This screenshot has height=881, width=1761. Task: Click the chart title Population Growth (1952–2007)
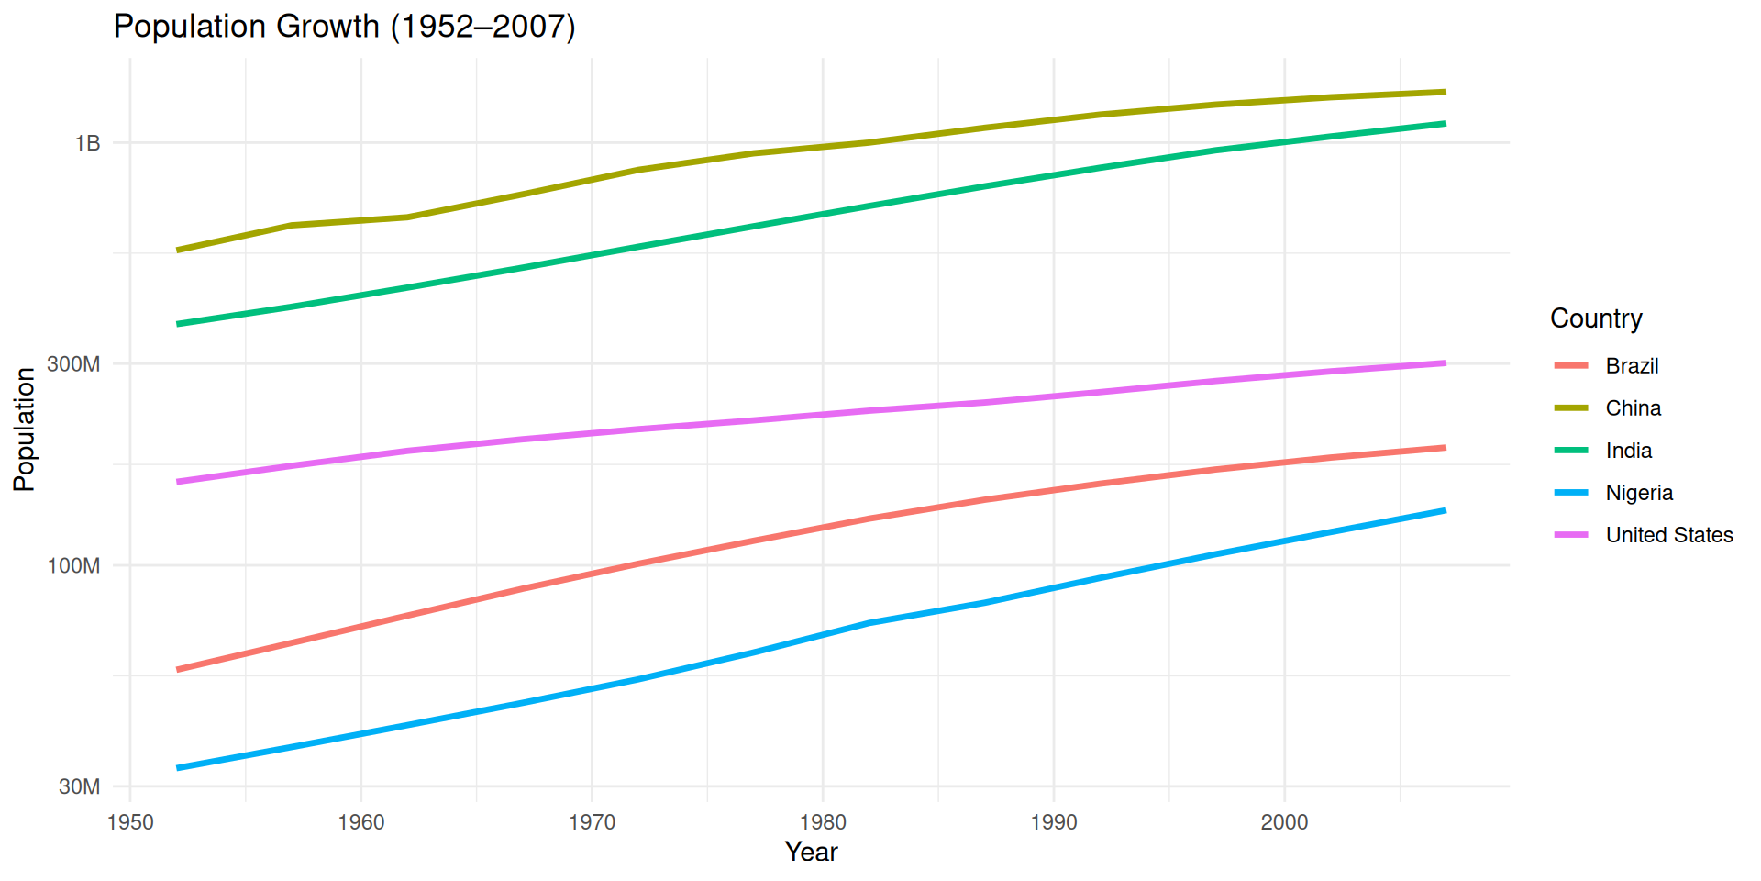click(x=344, y=27)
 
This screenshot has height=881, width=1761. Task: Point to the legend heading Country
click(x=1596, y=318)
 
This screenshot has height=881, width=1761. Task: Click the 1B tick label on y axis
click(x=88, y=143)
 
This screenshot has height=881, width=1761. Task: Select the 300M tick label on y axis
click(x=73, y=364)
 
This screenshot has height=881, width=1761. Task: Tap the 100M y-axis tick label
click(x=73, y=566)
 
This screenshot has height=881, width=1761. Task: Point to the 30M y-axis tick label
click(x=79, y=786)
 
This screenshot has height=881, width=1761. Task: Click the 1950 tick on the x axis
click(x=130, y=822)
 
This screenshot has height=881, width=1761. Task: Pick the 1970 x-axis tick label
click(x=592, y=822)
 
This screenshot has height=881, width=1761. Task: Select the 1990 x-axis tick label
click(x=1054, y=822)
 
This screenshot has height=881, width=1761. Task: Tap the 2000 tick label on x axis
click(x=1284, y=822)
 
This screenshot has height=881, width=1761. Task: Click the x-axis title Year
click(x=811, y=853)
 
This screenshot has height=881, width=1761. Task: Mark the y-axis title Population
click(x=25, y=429)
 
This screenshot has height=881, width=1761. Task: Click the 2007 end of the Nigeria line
click(x=1445, y=510)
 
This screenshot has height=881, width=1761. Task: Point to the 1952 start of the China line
click(x=178, y=250)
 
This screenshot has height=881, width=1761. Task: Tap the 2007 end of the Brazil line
click(x=1445, y=448)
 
